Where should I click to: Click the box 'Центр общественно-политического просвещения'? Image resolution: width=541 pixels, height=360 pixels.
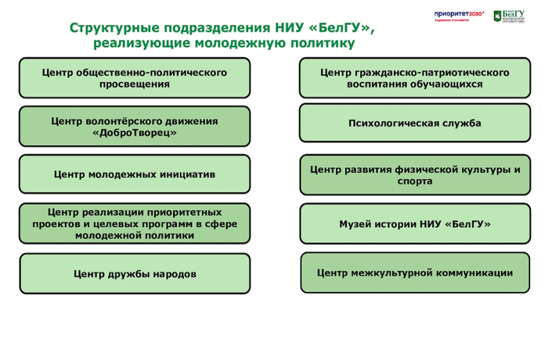click(x=134, y=78)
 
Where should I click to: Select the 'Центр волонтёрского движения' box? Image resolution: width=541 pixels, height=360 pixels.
click(x=134, y=127)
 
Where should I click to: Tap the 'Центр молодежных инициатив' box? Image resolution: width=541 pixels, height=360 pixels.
click(x=134, y=174)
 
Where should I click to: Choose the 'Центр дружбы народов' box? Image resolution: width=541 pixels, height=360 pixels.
click(x=134, y=274)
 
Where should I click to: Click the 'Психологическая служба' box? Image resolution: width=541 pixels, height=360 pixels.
click(x=414, y=123)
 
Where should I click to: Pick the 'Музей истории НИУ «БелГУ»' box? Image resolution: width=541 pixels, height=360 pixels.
click(x=414, y=224)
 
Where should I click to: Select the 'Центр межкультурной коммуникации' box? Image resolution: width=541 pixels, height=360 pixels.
click(x=414, y=273)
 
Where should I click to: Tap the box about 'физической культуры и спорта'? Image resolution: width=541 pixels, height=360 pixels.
click(x=414, y=175)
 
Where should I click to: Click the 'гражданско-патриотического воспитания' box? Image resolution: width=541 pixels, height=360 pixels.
click(x=414, y=78)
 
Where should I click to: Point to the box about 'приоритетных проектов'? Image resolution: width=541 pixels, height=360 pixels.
click(x=134, y=224)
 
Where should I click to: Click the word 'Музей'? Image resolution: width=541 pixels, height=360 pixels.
click(x=353, y=224)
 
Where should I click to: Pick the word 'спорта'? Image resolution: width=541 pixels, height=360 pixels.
click(x=414, y=181)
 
